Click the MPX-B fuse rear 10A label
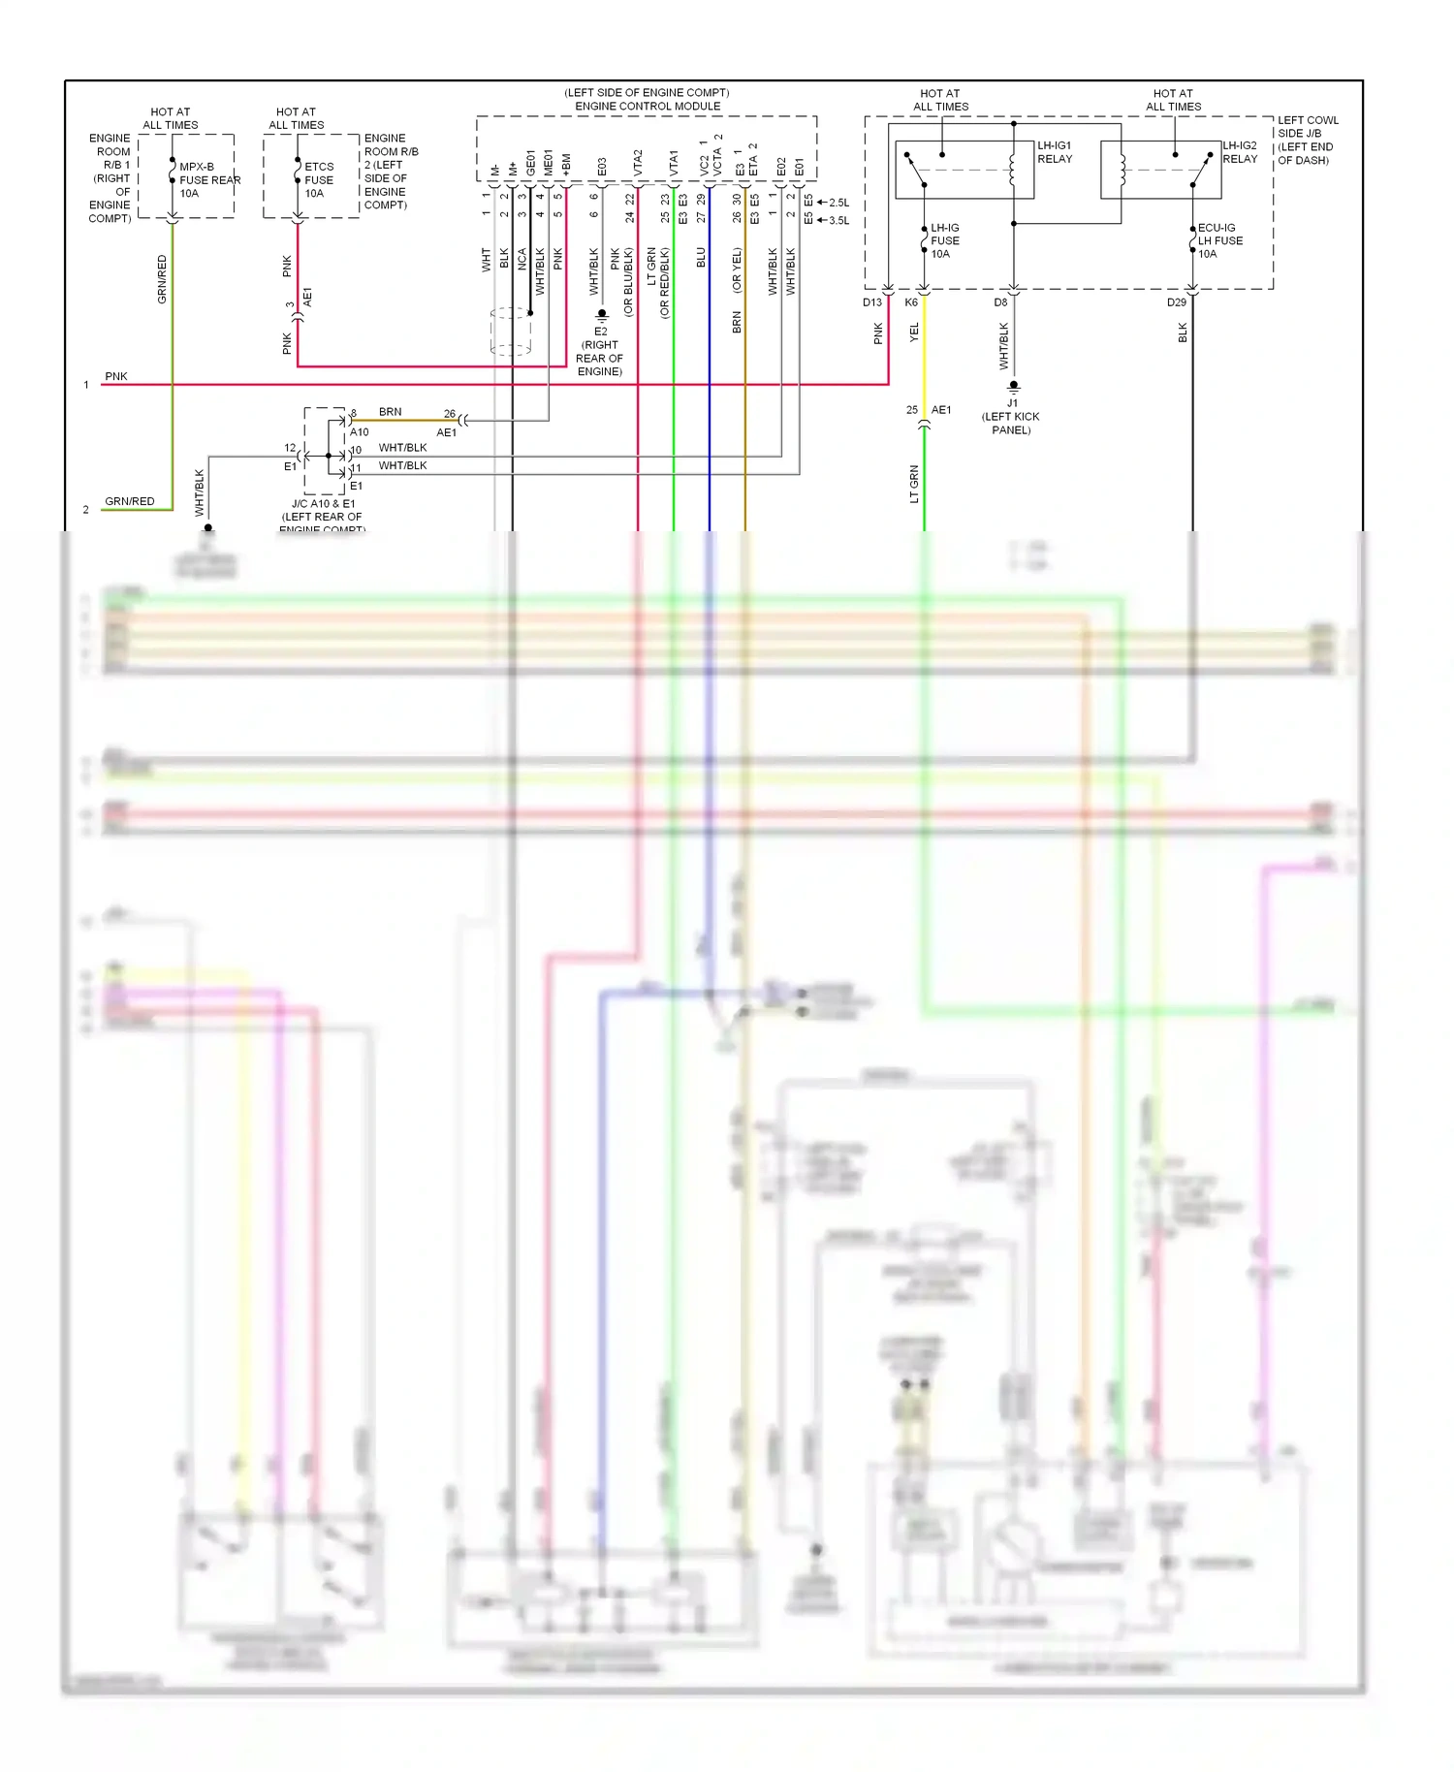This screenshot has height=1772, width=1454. coord(208,180)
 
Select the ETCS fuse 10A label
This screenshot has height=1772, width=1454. coord(319,180)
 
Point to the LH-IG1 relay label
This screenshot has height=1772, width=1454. coord(1055,152)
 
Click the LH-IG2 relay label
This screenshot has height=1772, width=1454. coord(1240,152)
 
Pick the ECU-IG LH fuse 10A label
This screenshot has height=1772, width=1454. coord(1219,240)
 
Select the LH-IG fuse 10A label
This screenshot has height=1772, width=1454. coord(945,240)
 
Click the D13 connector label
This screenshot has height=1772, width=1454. coord(872,302)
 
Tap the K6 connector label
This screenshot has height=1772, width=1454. coord(911,302)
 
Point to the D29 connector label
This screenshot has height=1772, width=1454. coord(1176,302)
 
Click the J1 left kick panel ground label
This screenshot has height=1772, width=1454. coord(1011,417)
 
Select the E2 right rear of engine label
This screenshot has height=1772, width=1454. coord(600,352)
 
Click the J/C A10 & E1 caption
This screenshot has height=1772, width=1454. coord(323,511)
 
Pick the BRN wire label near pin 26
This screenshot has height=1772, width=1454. coord(390,412)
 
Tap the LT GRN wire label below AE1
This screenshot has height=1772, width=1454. coord(913,484)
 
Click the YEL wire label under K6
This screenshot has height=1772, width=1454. coord(913,332)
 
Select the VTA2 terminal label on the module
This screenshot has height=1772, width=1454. coord(638,162)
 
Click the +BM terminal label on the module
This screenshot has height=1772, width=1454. coord(566,164)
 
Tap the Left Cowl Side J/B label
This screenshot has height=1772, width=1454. coord(1307,141)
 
